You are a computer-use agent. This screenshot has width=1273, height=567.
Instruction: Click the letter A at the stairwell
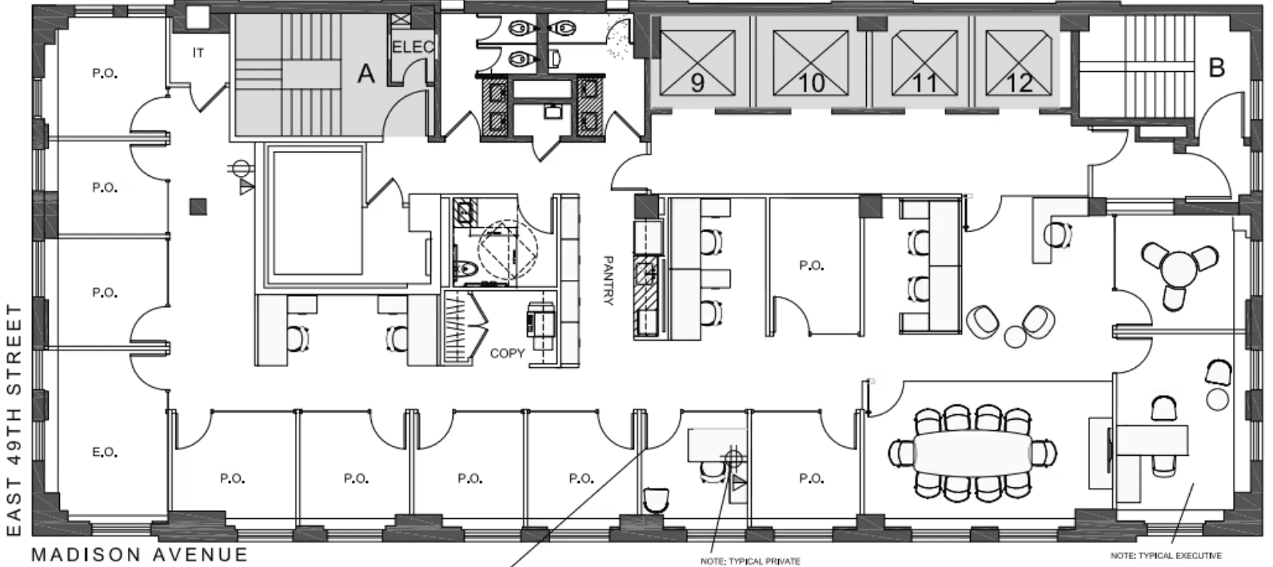click(365, 74)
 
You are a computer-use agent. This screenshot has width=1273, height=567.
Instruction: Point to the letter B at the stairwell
click(1216, 68)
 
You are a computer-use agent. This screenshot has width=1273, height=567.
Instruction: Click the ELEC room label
click(413, 47)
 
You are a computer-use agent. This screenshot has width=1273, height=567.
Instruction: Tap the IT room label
click(198, 53)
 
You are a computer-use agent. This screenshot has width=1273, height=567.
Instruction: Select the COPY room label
click(507, 353)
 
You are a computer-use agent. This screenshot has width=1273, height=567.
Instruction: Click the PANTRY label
click(608, 280)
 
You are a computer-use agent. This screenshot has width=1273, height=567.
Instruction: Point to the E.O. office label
click(105, 453)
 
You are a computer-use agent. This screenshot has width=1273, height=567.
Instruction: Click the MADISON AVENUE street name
click(140, 554)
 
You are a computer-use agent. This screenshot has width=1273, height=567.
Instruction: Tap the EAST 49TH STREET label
click(14, 420)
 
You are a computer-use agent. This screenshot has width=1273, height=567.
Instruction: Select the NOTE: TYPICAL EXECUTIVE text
click(1166, 555)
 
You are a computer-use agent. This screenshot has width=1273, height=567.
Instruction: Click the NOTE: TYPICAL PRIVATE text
click(750, 561)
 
